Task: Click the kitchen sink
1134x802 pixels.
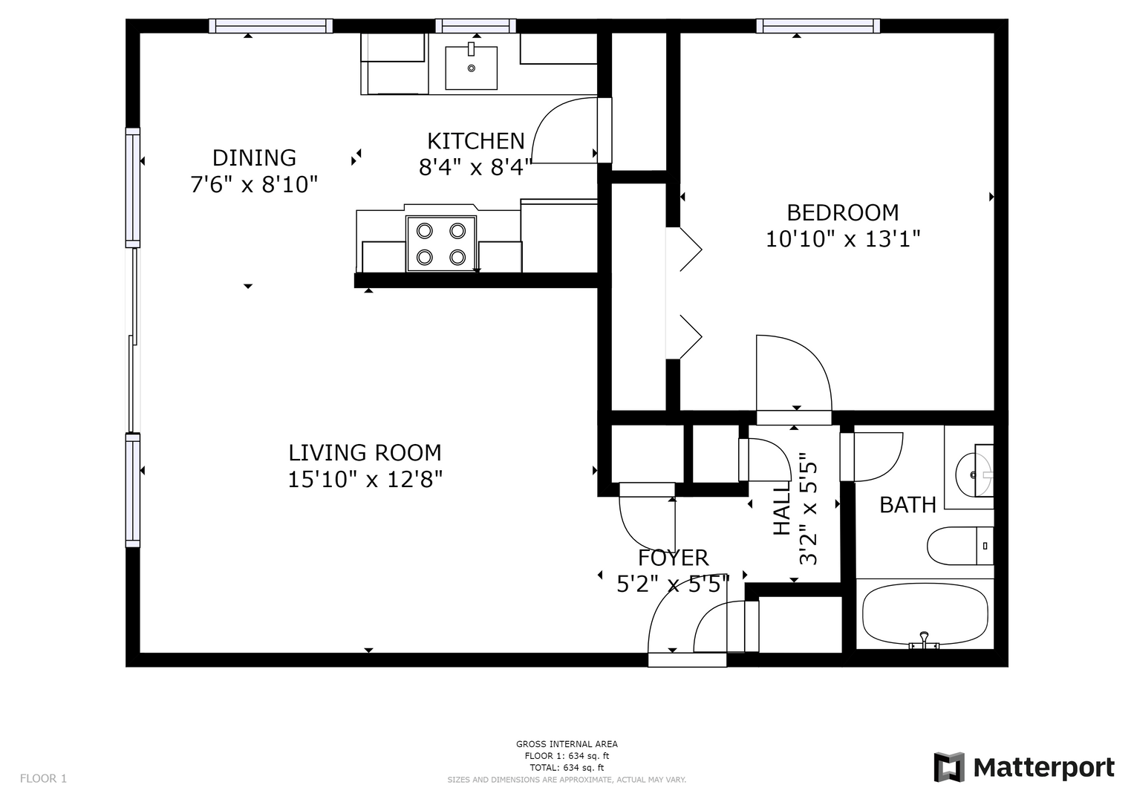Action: [471, 68]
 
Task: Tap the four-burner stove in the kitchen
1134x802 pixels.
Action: [441, 244]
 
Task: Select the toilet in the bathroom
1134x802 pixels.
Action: [960, 546]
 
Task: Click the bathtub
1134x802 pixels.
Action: [925, 616]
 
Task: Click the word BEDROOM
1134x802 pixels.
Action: [842, 212]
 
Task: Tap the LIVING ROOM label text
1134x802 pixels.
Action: [365, 453]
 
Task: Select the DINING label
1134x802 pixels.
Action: [254, 158]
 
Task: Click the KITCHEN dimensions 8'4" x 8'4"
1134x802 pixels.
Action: [475, 167]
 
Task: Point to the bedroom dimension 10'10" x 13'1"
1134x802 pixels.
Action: [842, 239]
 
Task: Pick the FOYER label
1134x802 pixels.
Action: [673, 558]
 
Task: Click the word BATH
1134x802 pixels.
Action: [907, 505]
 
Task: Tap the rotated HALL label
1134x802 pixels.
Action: [782, 509]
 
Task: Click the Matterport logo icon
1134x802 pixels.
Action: [948, 767]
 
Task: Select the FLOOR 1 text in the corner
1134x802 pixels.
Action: [44, 778]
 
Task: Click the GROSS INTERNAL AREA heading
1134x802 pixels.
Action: [567, 744]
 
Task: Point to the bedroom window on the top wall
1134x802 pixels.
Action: [818, 26]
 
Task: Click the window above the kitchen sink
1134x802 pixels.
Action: [476, 26]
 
